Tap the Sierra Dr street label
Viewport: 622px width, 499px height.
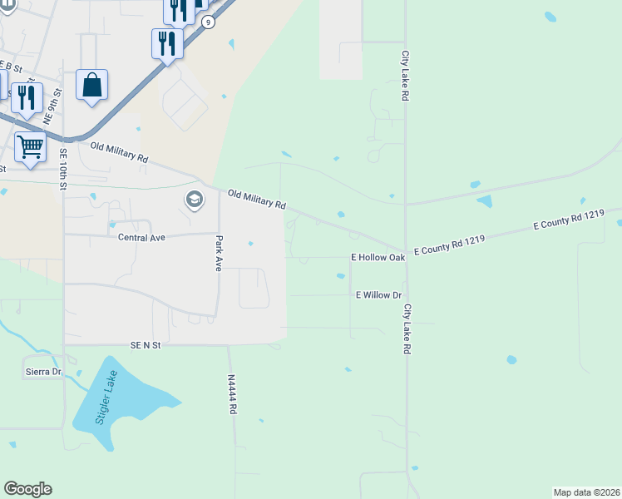tap(45, 372)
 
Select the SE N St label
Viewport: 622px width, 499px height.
tap(144, 345)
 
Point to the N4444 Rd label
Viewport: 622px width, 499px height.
tap(232, 389)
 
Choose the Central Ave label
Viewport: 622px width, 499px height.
tap(142, 237)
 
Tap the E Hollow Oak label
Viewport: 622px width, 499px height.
tap(378, 258)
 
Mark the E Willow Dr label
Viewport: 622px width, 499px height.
tap(378, 295)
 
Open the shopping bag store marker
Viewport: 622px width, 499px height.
tap(91, 85)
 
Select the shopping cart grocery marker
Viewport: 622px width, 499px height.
tap(30, 147)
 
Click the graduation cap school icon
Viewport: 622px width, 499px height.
tap(194, 200)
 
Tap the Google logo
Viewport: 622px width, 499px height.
tap(27, 489)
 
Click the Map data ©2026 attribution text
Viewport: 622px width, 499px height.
tap(586, 492)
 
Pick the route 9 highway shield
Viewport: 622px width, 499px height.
tap(208, 22)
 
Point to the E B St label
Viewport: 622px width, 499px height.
tap(10, 65)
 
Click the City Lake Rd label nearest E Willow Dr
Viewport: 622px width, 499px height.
tap(407, 329)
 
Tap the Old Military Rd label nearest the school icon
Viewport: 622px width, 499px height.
tap(257, 200)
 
